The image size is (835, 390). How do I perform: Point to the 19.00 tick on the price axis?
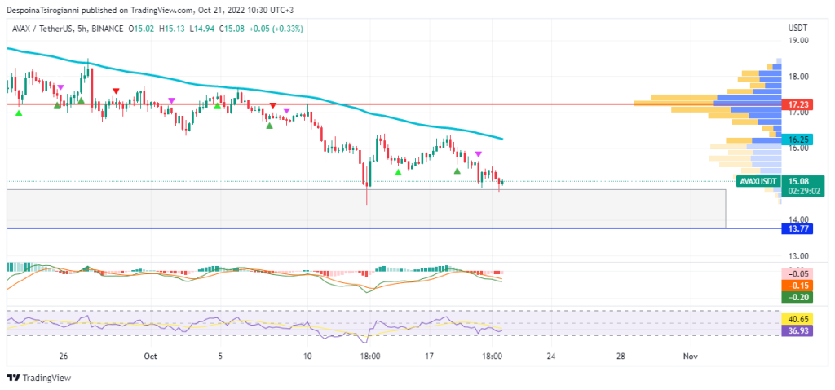coord(797,40)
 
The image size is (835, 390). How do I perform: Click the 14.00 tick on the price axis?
coord(797,219)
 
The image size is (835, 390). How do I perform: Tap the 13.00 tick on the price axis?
coord(797,255)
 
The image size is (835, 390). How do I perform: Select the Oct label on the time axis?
coord(149,357)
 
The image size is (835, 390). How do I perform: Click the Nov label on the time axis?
coord(691,357)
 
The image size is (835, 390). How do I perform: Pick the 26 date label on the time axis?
coord(63,357)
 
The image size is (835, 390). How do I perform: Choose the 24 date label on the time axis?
coord(551,357)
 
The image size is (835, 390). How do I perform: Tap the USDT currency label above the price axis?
coord(797,28)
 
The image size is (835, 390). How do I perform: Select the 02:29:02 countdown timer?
coord(800,191)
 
